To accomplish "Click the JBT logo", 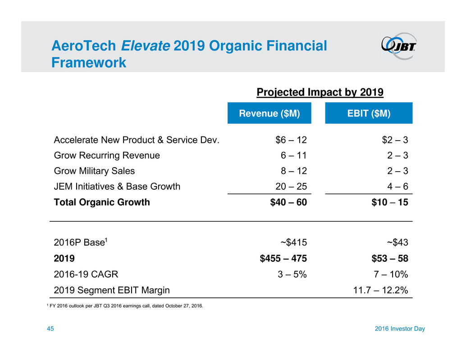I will [x=399, y=46].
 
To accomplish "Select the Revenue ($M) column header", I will [x=269, y=114].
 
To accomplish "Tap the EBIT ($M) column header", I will [x=369, y=114].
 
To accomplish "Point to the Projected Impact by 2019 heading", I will [x=320, y=93].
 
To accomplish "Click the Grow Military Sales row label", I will [x=94, y=171].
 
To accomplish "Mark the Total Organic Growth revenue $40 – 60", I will [x=288, y=202].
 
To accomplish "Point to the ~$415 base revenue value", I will [x=293, y=243].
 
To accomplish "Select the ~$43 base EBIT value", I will [x=394, y=243].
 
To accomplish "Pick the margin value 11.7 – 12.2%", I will [x=381, y=290].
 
